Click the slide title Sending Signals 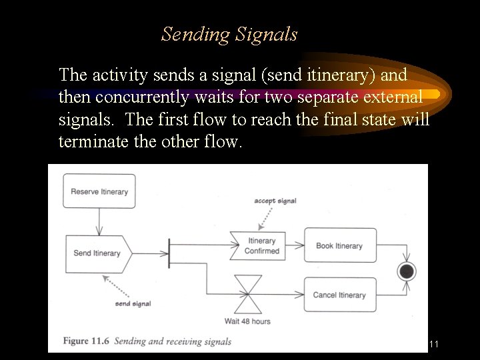229,34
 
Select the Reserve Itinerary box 99,191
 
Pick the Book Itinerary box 340,245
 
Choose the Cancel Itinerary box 340,295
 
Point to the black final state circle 406,271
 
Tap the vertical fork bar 169,253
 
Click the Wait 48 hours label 247,321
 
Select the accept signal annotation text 275,201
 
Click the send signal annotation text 133,304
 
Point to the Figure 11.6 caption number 86,341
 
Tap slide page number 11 434,344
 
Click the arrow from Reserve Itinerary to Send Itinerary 99,220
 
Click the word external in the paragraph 388,97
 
